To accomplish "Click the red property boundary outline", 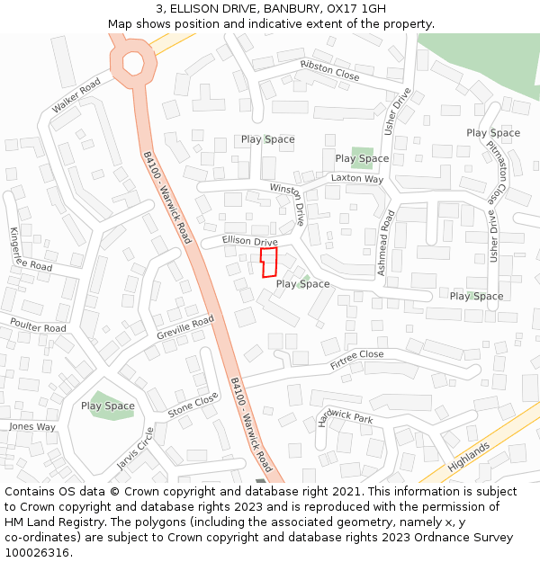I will (x=268, y=263).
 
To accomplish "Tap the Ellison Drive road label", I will (x=250, y=241).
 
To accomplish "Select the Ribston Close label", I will (x=329, y=71).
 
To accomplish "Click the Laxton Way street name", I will (x=356, y=179).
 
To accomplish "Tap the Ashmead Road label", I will (x=385, y=243).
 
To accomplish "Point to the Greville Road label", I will (x=185, y=327).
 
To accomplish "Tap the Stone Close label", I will (x=193, y=406).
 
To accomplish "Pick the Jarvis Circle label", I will (x=135, y=449).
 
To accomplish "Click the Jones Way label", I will (x=32, y=427).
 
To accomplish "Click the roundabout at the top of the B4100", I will (x=132, y=62).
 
